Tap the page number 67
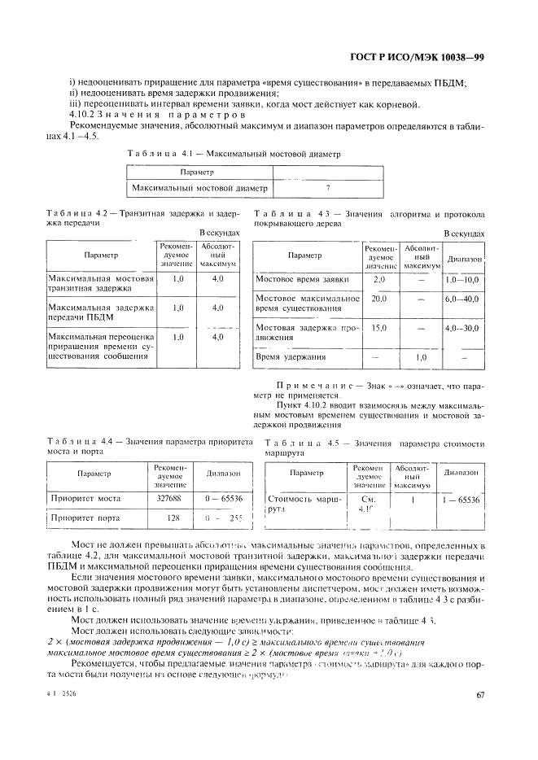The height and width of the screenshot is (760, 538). [479, 695]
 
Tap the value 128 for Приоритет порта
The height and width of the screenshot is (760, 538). [173, 518]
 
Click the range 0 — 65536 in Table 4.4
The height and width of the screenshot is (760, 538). [223, 497]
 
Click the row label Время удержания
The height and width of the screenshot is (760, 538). [291, 356]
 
